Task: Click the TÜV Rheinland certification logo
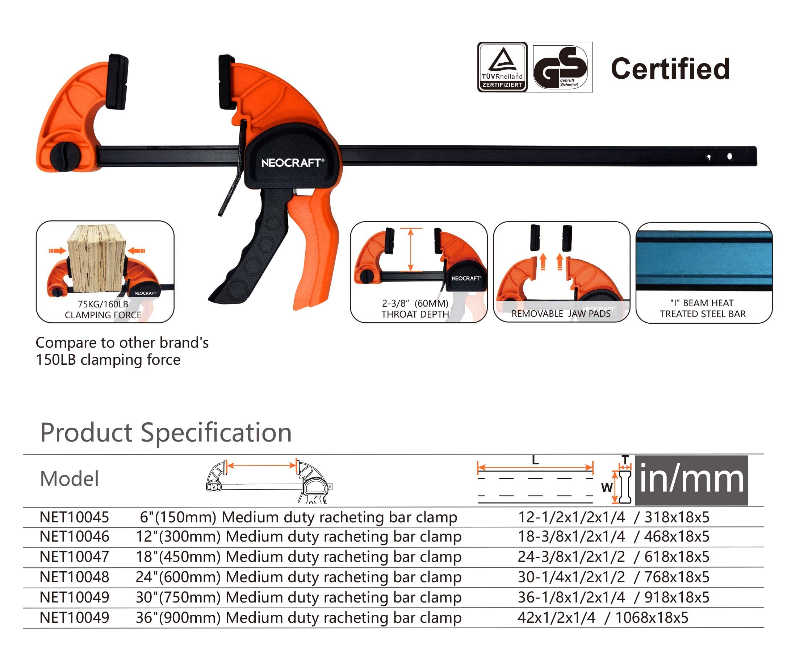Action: (502, 67)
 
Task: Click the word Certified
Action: (670, 69)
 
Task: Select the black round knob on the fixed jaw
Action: (64, 156)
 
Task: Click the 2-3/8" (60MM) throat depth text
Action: (415, 303)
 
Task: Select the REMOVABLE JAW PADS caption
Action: (561, 314)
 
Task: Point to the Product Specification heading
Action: (166, 432)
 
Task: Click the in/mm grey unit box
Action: (691, 480)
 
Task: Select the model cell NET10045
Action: (74, 517)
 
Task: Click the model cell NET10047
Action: (74, 557)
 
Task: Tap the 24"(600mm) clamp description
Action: (298, 577)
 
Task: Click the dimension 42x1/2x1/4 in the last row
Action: (556, 618)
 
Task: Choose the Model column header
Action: (69, 479)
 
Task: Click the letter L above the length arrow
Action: (535, 460)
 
